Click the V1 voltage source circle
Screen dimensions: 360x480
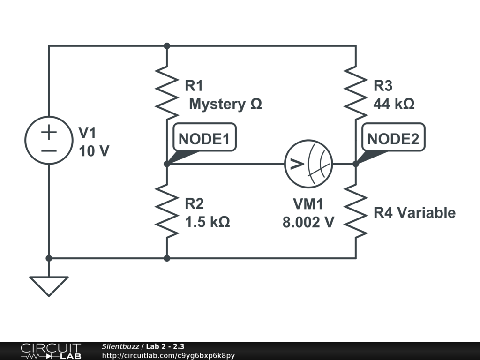click(49, 140)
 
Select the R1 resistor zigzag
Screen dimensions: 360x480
click(167, 92)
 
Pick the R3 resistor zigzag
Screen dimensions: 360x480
click(356, 92)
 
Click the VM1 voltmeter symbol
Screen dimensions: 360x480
click(308, 164)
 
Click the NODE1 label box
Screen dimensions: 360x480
click(205, 138)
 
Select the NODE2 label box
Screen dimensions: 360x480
click(394, 138)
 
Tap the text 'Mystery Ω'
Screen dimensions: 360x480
click(225, 104)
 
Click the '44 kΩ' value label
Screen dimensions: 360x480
click(394, 104)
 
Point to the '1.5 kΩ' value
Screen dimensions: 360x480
click(208, 222)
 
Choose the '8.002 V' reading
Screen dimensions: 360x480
click(308, 222)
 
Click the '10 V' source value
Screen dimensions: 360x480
click(94, 151)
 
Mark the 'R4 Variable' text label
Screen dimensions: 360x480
click(414, 213)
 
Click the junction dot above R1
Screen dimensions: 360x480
click(167, 46)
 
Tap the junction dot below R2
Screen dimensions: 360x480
click(167, 258)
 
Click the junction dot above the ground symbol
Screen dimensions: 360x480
click(49, 258)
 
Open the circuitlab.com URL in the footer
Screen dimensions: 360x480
click(168, 355)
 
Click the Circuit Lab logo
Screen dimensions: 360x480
click(51, 351)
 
